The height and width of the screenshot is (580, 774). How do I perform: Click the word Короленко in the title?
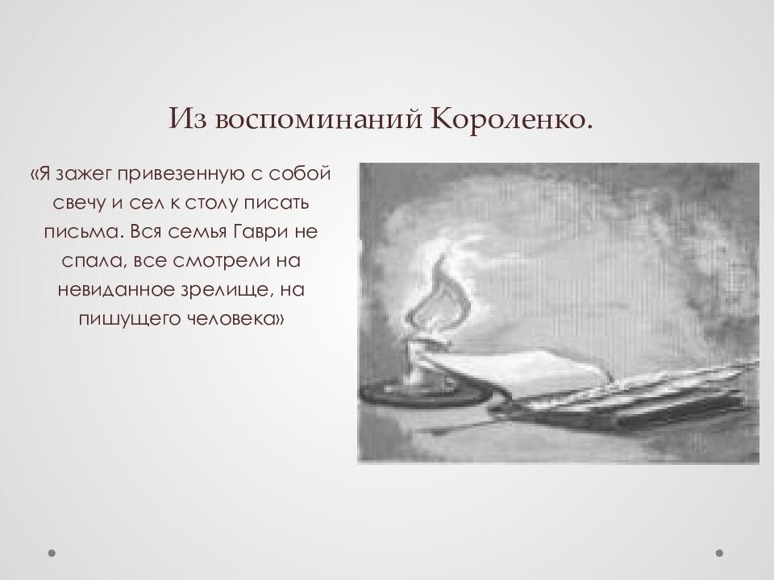click(511, 119)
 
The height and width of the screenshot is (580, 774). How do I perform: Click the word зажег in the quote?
click(85, 174)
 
